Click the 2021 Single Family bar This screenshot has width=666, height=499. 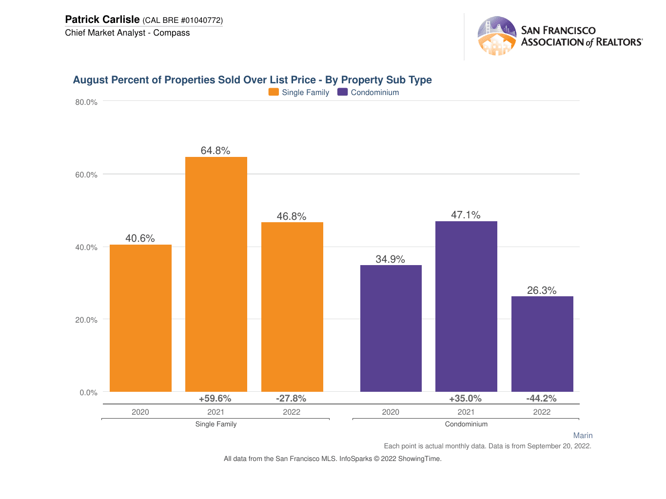pos(216,274)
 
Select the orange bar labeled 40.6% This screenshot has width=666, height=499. pos(140,318)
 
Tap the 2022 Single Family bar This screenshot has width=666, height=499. pos(292,307)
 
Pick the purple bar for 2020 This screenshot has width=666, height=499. pos(391,328)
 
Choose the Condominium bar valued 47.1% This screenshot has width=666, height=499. pos(466,306)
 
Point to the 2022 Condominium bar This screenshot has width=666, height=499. pos(542,344)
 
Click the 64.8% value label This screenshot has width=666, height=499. pos(215,151)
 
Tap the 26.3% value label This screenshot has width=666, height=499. pos(542,290)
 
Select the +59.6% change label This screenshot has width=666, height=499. pos(215,399)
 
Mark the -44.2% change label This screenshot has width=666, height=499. pos(541,399)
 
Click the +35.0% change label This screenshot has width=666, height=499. pos(465,399)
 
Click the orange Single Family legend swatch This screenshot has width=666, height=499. pos(274,92)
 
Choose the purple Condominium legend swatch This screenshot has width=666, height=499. pos(342,92)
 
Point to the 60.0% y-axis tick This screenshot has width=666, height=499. pos(86,174)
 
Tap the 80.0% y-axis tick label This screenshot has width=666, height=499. pos(86,102)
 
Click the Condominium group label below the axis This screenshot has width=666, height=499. pos(466,424)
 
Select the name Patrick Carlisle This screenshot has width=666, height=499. pos(102,19)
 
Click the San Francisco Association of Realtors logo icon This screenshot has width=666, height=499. pos(497,36)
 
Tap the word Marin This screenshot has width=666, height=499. pos(583,436)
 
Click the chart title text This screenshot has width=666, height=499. pos(252,80)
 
